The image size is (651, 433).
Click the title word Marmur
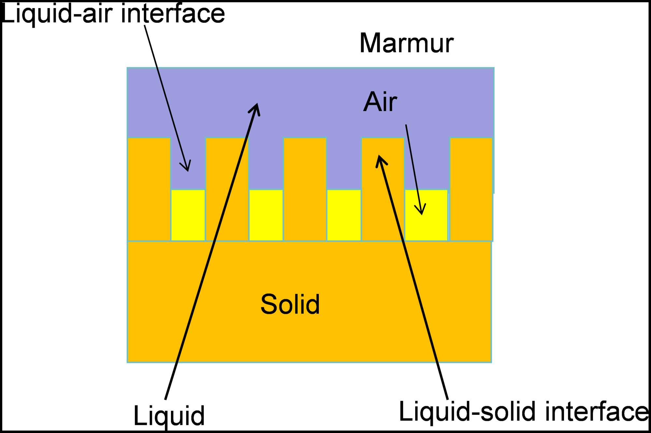[x=406, y=43]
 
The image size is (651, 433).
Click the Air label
[x=380, y=102]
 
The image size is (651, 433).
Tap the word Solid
[x=290, y=304]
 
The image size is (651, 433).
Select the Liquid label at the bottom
[x=169, y=416]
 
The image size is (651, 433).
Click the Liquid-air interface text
[x=113, y=14]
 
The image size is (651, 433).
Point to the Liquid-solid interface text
[x=524, y=412]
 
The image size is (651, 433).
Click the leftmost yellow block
[x=188, y=215]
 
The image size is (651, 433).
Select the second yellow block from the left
[x=266, y=215]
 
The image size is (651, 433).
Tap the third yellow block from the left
[x=344, y=215]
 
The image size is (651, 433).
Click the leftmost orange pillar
[x=149, y=189]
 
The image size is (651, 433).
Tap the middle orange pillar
[x=305, y=189]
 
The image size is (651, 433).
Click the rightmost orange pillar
[x=471, y=189]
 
